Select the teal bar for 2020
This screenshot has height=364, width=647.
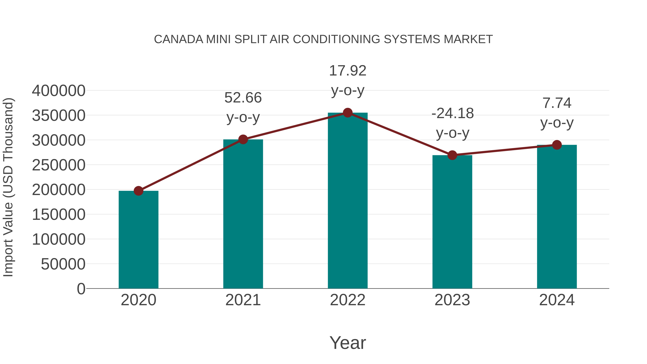[138, 240]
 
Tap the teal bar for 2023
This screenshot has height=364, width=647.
[452, 222]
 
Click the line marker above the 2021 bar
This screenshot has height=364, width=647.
[243, 139]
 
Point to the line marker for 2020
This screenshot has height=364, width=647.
[138, 191]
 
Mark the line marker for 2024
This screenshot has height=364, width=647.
[557, 145]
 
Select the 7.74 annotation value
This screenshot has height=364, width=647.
[557, 103]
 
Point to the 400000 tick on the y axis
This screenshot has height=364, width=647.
[59, 91]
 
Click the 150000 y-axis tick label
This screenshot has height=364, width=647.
[59, 215]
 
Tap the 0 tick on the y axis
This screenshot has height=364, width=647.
[81, 289]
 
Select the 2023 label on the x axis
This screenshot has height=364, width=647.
[452, 300]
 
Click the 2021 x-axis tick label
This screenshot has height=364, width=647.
[243, 300]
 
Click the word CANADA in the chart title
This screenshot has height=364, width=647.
[178, 39]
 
